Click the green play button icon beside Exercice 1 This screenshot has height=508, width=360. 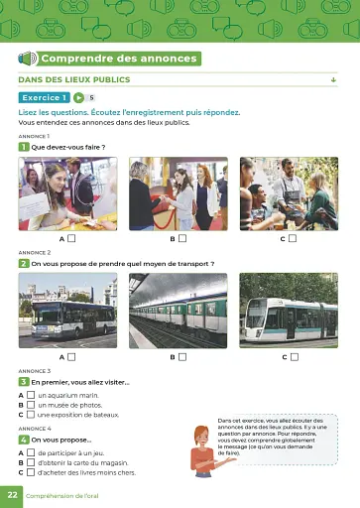78,97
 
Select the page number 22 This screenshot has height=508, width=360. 12,494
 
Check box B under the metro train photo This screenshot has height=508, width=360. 182,356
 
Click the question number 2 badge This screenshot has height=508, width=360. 23,264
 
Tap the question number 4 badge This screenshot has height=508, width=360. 23,439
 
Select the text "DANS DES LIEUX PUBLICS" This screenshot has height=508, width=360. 74,79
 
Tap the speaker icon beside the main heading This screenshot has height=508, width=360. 28,59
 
